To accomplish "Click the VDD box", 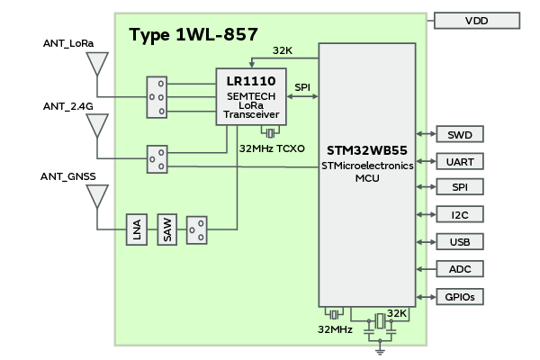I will click(477, 21).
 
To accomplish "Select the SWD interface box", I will click(460, 135).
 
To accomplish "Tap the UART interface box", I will click(460, 161).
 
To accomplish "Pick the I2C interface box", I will click(460, 214).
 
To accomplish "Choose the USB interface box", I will click(460, 241).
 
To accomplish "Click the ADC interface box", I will click(460, 268).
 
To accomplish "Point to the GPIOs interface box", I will click(460, 296).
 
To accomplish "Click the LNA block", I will click(136, 230).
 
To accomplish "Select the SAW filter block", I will click(167, 230).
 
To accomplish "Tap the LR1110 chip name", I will click(251, 80).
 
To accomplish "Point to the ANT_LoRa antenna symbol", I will click(96, 66).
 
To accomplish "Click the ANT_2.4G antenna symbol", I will click(96, 126).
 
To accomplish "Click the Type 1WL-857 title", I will click(193, 35).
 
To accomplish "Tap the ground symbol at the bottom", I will click(379, 350).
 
